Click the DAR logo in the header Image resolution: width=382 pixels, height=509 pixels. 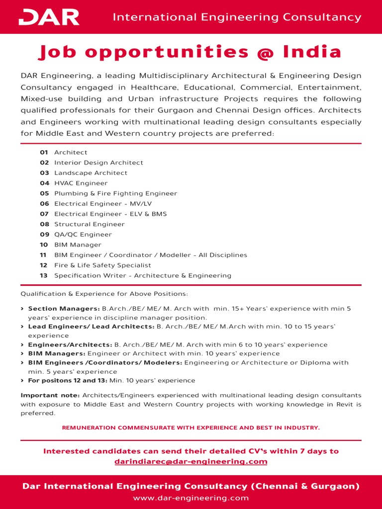(49, 17)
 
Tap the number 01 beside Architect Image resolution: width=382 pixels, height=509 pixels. (44, 153)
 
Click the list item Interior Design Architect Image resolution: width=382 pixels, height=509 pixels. (98, 163)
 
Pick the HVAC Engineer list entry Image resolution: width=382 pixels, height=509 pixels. (81, 183)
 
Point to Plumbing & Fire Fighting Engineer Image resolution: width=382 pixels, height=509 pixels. (115, 193)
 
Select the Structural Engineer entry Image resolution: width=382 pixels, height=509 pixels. (90, 224)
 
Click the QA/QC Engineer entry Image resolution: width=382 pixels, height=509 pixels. (83, 235)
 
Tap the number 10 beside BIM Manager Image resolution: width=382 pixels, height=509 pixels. (44, 245)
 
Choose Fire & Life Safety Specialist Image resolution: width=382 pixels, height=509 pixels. (102, 265)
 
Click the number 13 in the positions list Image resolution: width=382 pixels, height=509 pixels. (44, 275)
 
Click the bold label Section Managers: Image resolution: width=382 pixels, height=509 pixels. (64, 309)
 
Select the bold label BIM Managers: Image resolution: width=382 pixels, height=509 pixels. (56, 353)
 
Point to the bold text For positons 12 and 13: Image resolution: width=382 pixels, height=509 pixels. (67, 380)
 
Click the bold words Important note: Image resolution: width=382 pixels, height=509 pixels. (50, 395)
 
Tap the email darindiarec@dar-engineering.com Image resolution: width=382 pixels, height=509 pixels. (191, 462)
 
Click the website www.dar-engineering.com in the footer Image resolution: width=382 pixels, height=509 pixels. (191, 498)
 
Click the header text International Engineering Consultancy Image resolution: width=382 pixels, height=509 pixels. (237, 17)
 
